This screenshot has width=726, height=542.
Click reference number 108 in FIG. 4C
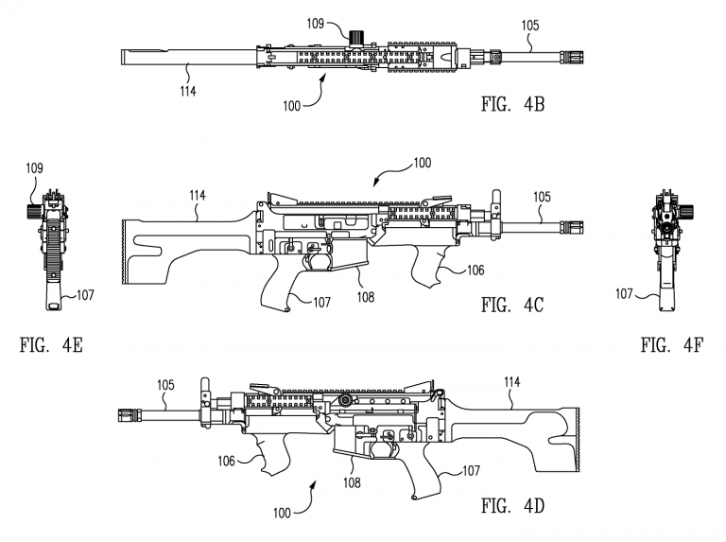click(x=364, y=296)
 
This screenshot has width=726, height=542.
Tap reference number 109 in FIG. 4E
click(x=35, y=168)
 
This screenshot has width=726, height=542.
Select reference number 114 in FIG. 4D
click(x=511, y=382)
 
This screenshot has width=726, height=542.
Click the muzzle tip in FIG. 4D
click(x=120, y=413)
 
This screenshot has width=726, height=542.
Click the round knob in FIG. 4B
click(x=356, y=37)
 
